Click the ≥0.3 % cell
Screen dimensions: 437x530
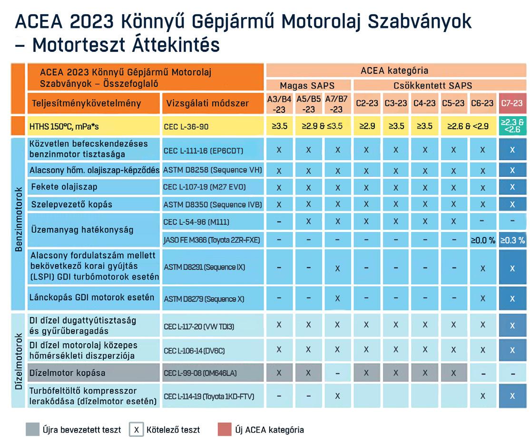point(512,240)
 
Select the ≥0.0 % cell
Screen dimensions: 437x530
point(482,240)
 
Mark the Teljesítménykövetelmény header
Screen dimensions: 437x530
point(94,103)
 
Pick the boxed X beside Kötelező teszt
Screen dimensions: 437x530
point(136,429)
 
